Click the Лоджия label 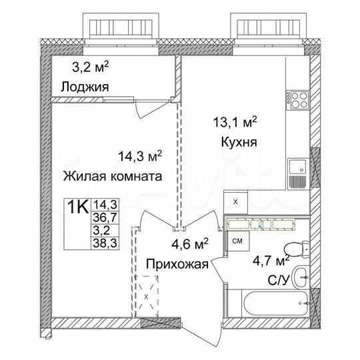click(84, 87)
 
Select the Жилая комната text click(112, 177)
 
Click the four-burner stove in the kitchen click(297, 103)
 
